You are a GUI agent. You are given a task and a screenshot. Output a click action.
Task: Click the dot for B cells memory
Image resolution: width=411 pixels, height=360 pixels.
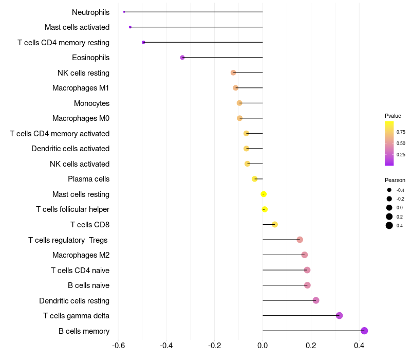tap(364, 331)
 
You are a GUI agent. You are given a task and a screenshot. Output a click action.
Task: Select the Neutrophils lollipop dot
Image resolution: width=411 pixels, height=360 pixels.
tap(124, 12)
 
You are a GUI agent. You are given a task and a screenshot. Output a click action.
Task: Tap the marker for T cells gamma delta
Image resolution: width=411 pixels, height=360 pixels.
tap(339, 316)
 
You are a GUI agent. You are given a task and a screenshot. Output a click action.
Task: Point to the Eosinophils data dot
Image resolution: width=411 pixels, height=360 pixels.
tap(182, 58)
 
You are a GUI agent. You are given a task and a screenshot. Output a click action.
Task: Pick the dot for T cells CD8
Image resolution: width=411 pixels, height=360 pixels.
tap(275, 225)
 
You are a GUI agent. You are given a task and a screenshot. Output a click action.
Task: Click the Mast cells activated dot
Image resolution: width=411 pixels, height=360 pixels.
tap(130, 27)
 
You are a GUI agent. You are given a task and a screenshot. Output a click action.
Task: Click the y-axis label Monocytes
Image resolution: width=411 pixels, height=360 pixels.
tap(91, 103)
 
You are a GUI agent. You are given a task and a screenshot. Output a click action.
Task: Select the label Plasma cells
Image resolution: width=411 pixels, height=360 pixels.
tap(88, 179)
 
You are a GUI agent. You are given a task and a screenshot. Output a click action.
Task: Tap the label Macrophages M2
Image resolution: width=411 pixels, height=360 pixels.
tap(81, 255)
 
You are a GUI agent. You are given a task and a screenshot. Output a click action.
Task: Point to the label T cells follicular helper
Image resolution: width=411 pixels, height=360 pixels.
tap(72, 209)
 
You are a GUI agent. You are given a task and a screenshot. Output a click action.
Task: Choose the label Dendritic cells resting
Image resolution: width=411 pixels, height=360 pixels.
tap(74, 300)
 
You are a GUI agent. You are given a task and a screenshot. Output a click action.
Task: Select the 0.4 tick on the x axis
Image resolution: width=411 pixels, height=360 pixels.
tap(359, 346)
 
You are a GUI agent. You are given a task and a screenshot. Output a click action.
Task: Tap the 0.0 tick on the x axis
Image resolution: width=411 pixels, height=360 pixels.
tap(263, 346)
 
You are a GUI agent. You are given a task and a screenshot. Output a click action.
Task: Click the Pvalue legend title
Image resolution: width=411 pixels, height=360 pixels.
tap(393, 116)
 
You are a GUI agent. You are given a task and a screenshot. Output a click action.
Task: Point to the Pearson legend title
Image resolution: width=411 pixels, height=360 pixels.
tap(395, 181)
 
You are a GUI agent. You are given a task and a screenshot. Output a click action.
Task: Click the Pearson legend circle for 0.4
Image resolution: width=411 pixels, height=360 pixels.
tap(389, 225)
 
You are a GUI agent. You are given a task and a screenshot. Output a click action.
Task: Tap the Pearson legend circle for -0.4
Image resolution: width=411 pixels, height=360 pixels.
tap(389, 190)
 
